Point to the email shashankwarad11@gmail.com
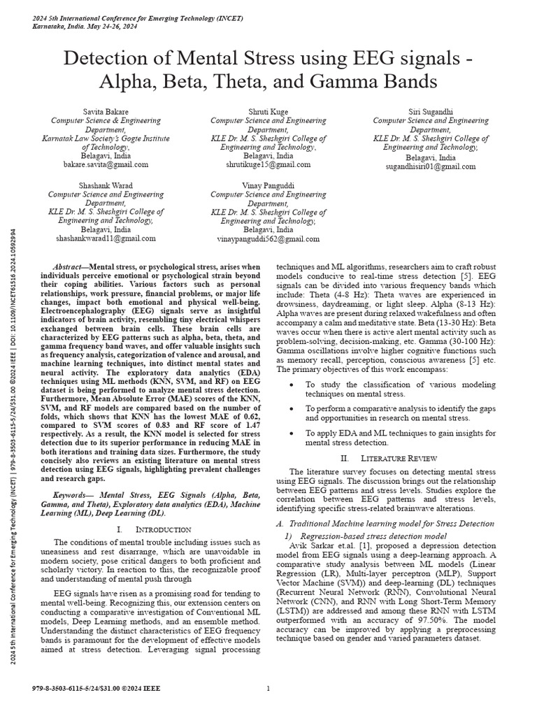coord(106,238)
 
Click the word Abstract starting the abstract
coord(69,268)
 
